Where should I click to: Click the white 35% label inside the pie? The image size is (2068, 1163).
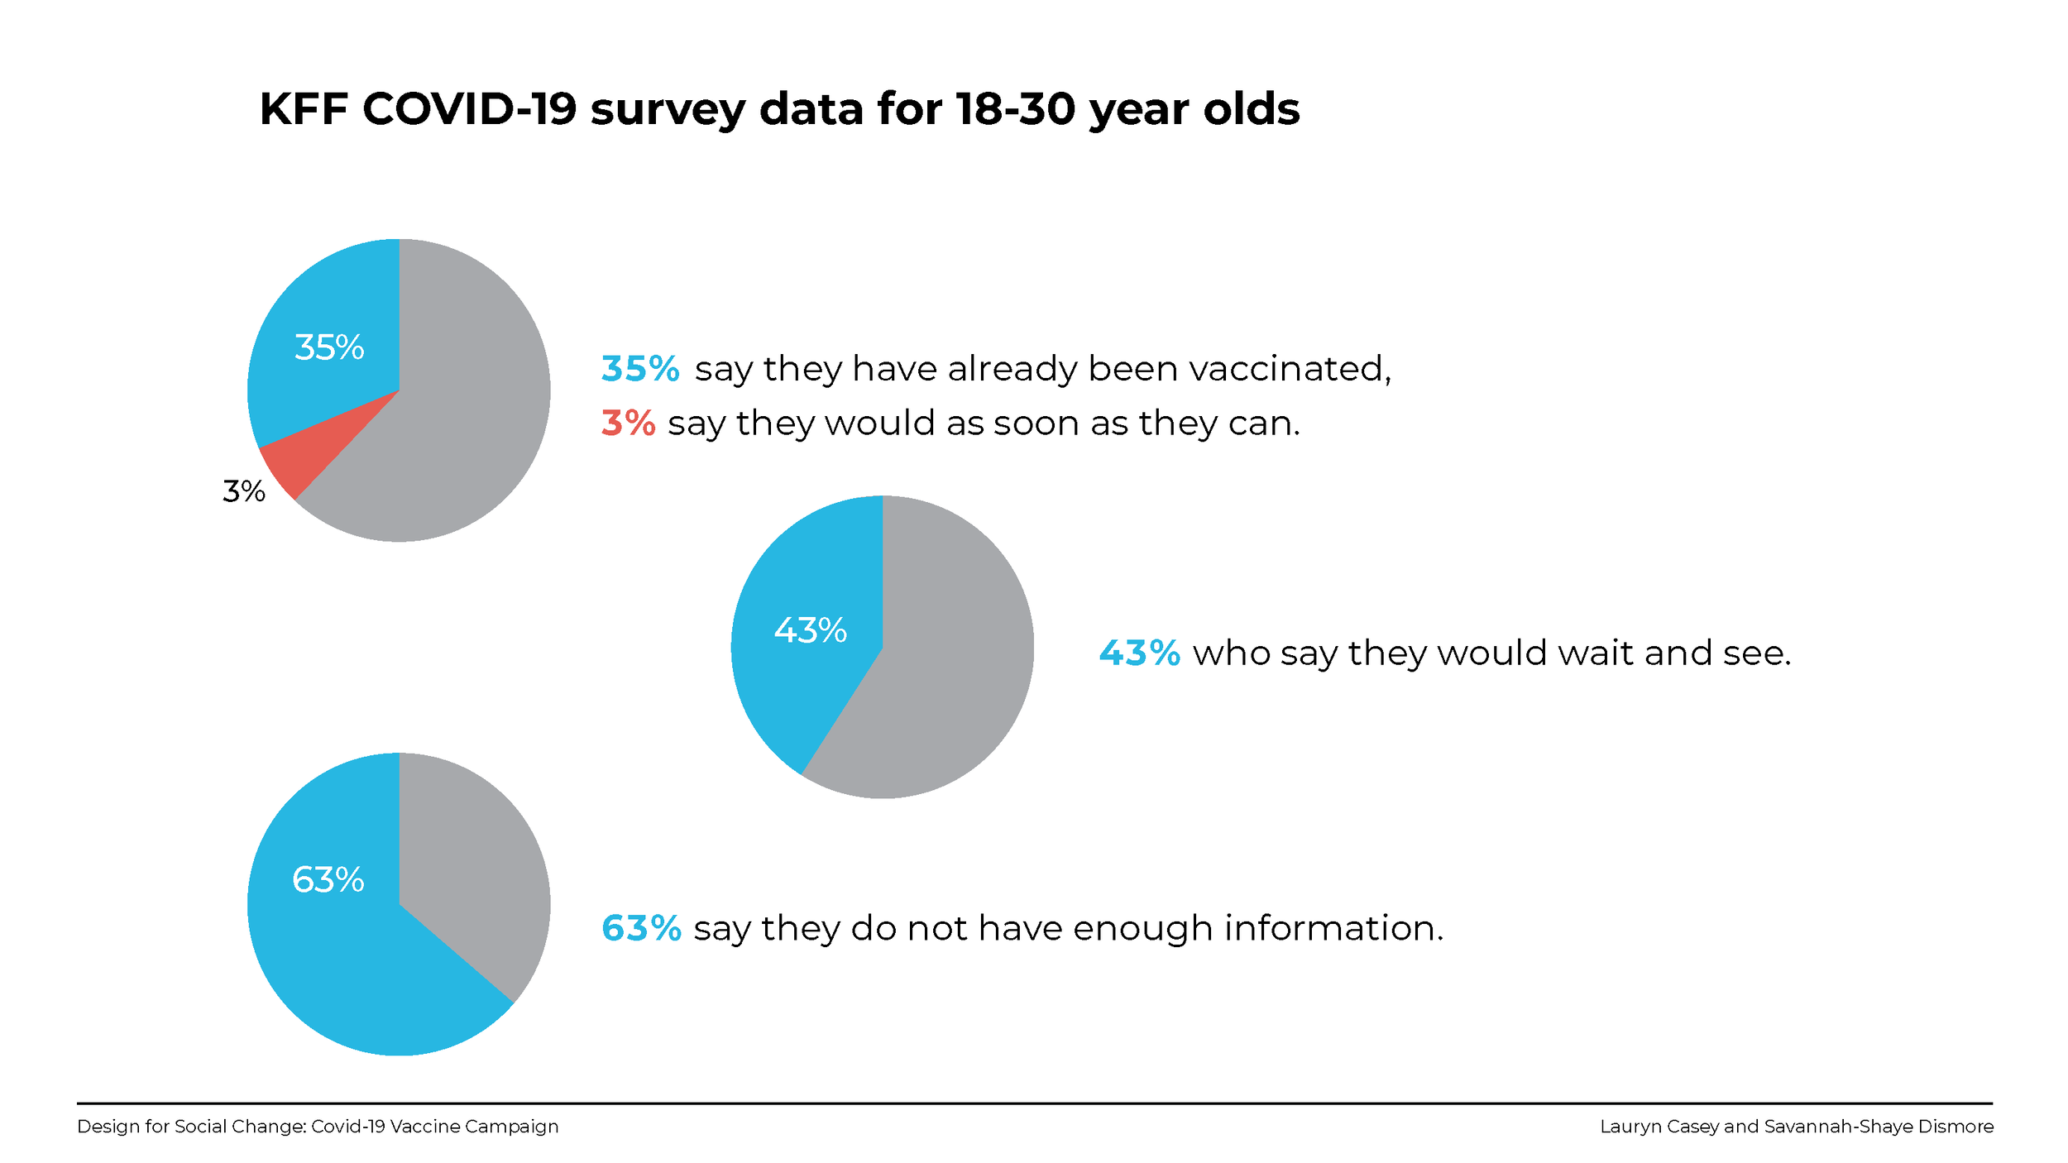(329, 347)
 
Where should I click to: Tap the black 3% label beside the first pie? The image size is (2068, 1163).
(244, 491)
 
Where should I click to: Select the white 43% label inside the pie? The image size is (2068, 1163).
(810, 630)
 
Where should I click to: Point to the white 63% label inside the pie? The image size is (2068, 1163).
(328, 879)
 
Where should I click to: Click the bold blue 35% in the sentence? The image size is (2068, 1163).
(639, 369)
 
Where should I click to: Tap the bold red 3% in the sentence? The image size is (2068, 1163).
(628, 423)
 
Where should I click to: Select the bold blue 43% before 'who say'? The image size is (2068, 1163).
(1138, 653)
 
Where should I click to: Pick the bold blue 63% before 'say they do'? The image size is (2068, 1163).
(641, 928)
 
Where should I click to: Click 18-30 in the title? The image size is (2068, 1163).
(1015, 109)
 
